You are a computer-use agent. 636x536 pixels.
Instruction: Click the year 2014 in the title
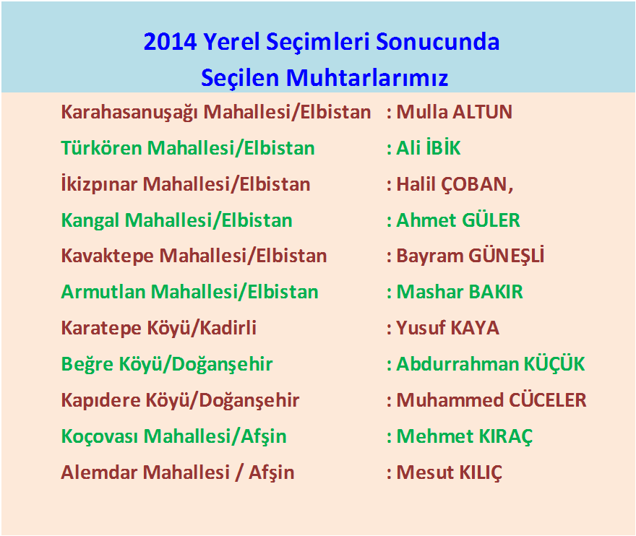171,42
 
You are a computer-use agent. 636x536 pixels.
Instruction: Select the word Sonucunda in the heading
437,42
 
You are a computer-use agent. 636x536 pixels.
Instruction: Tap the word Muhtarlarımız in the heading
367,77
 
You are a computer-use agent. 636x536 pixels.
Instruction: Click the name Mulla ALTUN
454,112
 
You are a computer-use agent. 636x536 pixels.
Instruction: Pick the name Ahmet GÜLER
458,220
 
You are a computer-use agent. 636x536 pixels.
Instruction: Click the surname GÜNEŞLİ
506,256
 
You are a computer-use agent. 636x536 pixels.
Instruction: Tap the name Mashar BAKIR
460,292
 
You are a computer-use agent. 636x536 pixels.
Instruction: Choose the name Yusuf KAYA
447,328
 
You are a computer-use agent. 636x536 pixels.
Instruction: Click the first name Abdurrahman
457,363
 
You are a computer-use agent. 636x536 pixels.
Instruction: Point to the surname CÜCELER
548,401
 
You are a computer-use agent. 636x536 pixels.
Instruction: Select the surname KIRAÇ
505,436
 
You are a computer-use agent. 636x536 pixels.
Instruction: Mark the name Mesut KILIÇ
449,472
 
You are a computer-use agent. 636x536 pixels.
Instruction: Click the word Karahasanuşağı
130,112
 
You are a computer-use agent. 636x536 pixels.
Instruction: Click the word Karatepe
101,329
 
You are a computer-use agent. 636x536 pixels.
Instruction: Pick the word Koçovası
100,436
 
